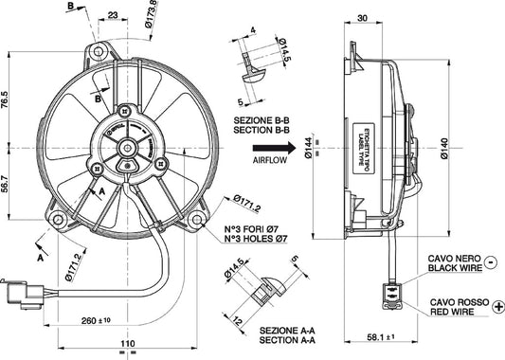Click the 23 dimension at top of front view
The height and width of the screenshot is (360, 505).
[113, 15]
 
